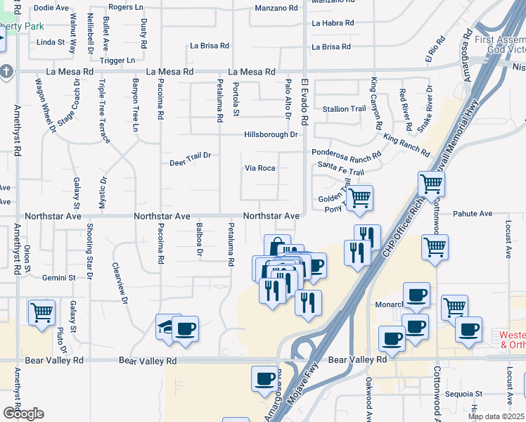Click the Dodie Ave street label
pos(51,8)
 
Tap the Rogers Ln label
pos(126,7)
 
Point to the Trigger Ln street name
pos(117,60)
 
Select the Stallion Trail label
pos(345,109)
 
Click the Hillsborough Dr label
pos(271,134)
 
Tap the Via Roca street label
pos(259,168)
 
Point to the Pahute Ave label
pos(473,213)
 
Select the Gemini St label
pos(58,278)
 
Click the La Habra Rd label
pos(331,23)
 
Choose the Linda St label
pos(50,42)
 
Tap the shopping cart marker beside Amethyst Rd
pos(41,312)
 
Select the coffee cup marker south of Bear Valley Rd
pos(265,378)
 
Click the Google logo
pos(23,414)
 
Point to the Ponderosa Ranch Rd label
pos(347,153)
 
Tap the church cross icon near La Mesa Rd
pos(6,72)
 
